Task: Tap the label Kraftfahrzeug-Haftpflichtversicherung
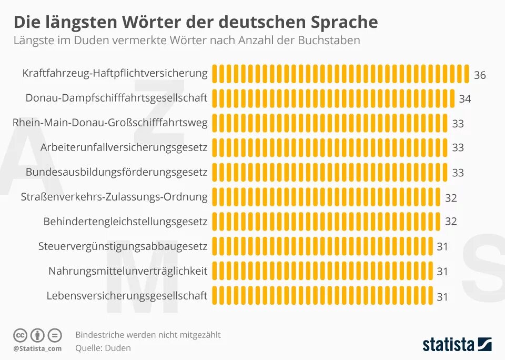(115, 73)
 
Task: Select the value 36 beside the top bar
(480, 75)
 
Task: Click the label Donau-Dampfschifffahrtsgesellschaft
(116, 98)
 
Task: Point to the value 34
(464, 99)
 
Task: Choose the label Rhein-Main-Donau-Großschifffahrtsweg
(110, 123)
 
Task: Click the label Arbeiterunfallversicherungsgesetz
(124, 147)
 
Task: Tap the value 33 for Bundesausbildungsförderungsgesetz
(458, 173)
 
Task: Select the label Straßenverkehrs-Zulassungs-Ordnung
(114, 197)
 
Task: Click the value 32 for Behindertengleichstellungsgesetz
(451, 222)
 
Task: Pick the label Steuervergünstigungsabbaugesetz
(123, 246)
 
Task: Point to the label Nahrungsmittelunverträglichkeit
(128, 271)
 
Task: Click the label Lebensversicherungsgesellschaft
(127, 296)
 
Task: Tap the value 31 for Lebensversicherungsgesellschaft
(442, 297)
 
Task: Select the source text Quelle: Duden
(103, 348)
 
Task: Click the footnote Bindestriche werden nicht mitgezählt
(148, 335)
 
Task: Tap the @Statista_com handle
(37, 348)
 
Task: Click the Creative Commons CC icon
(20, 335)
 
